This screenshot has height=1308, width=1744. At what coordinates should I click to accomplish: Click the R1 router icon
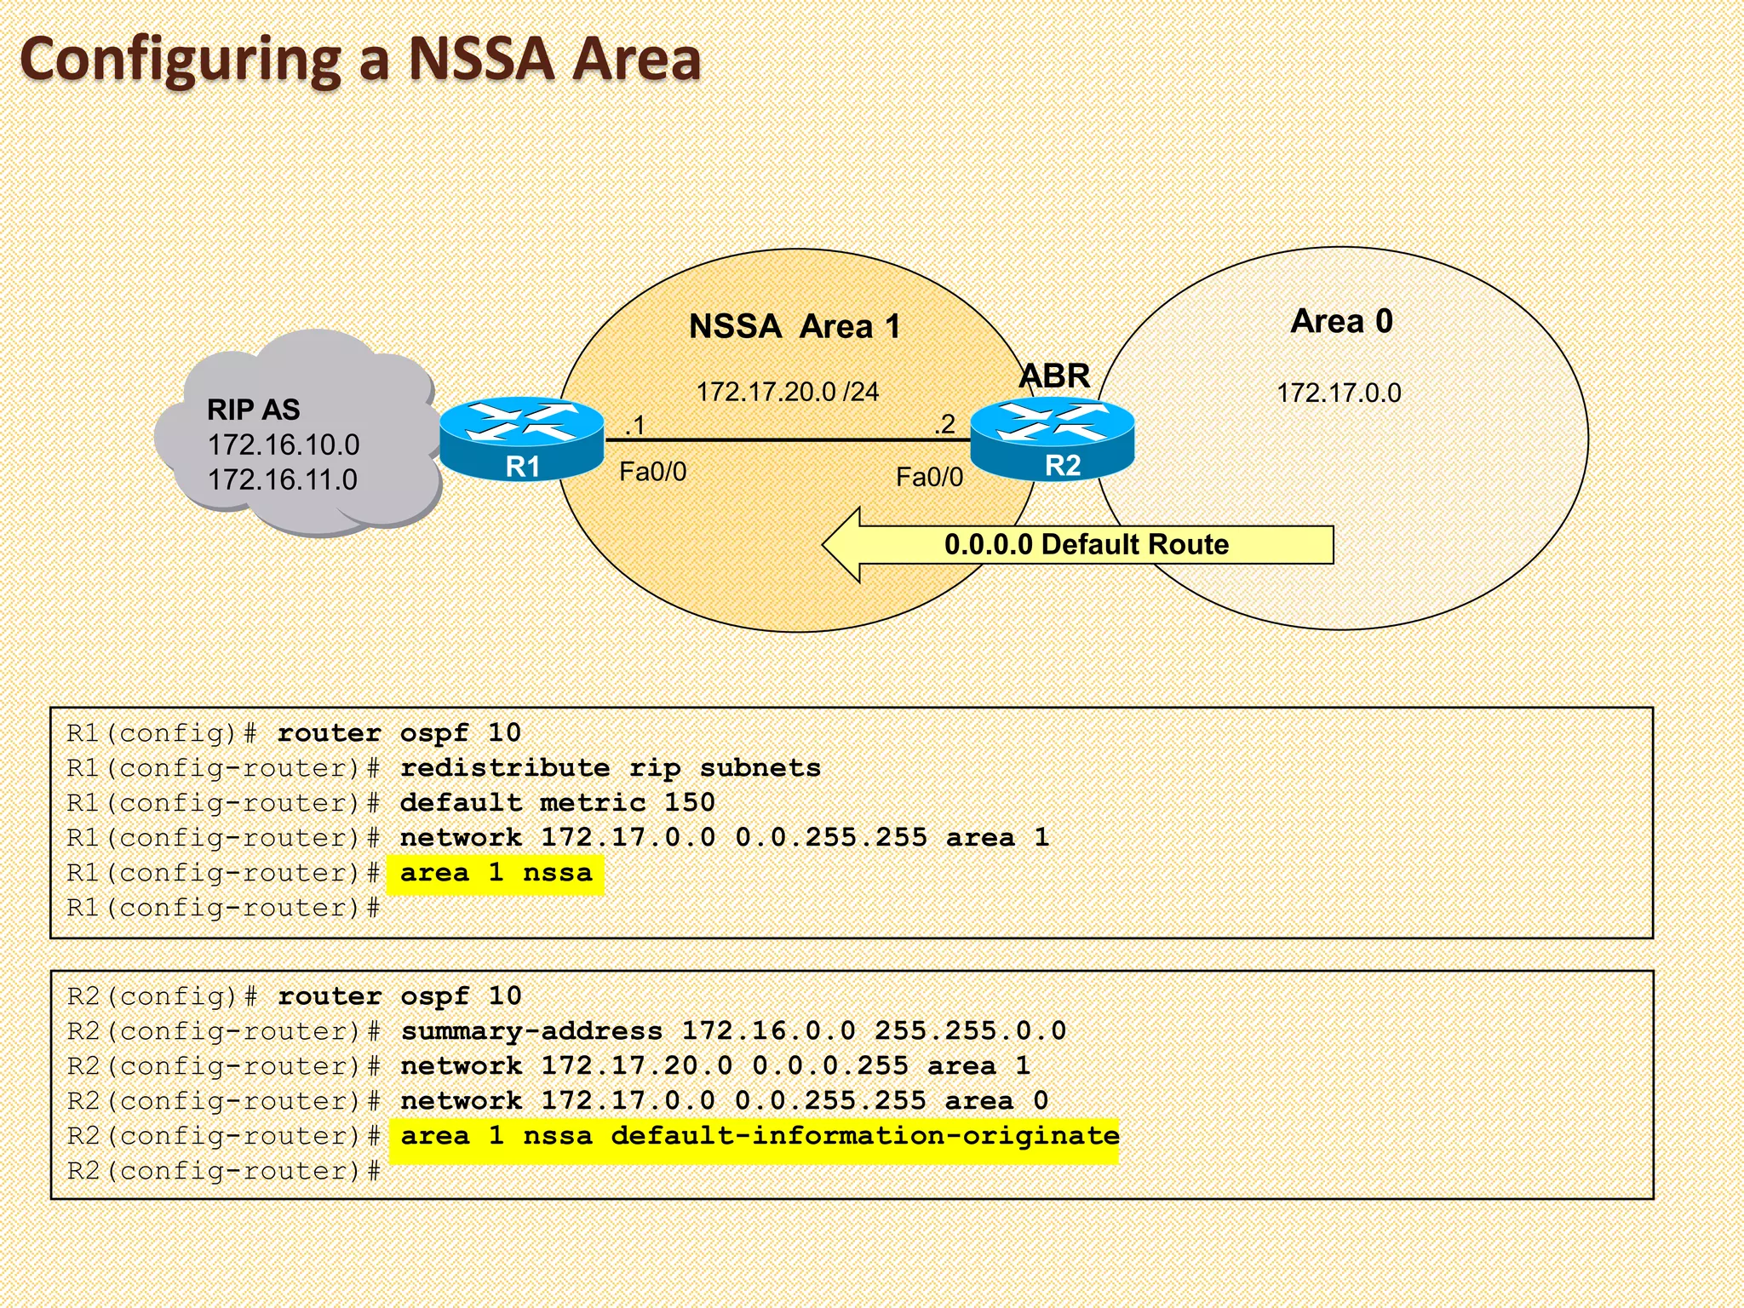click(x=522, y=439)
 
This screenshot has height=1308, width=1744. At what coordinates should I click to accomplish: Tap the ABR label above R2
click(x=1054, y=376)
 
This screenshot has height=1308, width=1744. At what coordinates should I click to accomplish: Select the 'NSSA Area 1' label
click(x=794, y=326)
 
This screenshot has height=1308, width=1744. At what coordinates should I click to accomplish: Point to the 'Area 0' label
click(x=1341, y=321)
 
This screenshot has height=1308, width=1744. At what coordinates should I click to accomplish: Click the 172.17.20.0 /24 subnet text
click(x=787, y=392)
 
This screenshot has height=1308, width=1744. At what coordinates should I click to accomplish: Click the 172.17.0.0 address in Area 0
click(x=1339, y=393)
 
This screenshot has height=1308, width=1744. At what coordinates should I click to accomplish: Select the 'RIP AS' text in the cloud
click(x=253, y=410)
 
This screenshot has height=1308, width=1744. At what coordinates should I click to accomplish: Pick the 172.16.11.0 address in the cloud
click(x=282, y=479)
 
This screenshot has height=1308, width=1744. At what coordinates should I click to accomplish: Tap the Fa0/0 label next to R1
click(x=652, y=471)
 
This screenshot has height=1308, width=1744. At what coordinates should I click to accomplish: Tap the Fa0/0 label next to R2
click(x=929, y=477)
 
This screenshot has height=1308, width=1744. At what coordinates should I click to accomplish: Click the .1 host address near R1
click(x=635, y=425)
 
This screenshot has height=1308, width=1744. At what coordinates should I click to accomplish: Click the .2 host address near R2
click(x=944, y=424)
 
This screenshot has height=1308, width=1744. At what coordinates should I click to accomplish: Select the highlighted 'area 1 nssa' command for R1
click(x=496, y=874)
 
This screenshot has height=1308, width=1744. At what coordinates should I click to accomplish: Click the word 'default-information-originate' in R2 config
click(x=863, y=1136)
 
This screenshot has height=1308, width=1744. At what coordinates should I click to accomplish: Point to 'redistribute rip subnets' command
click(x=610, y=768)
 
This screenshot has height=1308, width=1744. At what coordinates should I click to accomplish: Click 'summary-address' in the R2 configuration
click(x=531, y=1031)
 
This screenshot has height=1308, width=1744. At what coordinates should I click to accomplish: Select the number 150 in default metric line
click(x=689, y=803)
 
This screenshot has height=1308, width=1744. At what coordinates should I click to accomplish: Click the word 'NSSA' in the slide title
click(x=481, y=60)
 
